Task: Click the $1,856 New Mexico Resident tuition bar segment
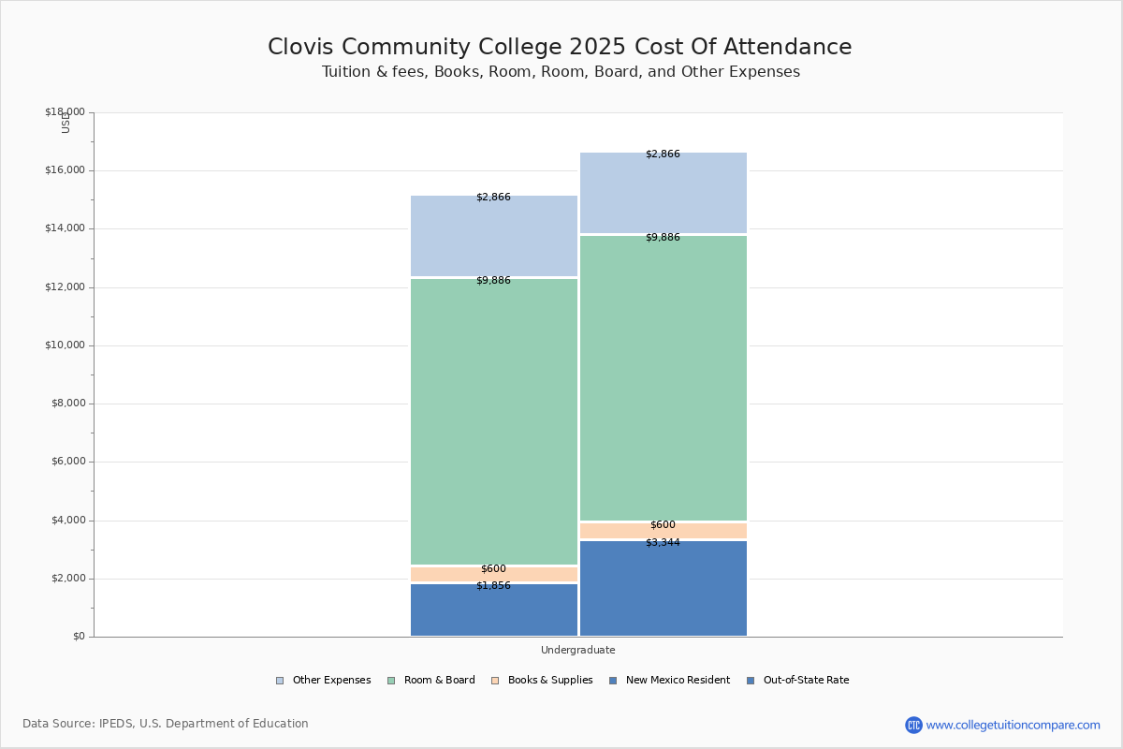point(494,610)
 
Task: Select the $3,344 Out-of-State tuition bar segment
point(663,589)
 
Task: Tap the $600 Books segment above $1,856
point(494,574)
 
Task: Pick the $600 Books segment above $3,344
point(663,531)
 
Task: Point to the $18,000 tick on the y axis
point(65,112)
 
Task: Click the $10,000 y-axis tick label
point(65,345)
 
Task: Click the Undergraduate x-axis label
point(578,650)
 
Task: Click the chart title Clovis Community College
point(560,47)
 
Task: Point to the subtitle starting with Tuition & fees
point(561,72)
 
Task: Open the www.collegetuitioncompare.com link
point(1013,725)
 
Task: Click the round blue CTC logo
point(913,725)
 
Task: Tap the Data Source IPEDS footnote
point(166,724)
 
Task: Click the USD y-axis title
point(66,123)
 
